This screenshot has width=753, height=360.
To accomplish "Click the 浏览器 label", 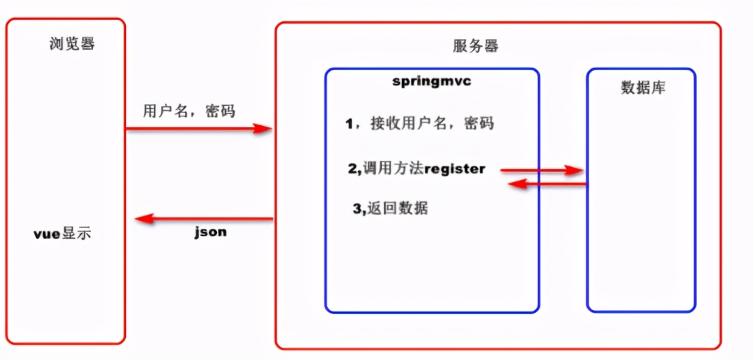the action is tap(72, 44).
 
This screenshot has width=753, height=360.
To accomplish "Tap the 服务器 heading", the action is tap(476, 47).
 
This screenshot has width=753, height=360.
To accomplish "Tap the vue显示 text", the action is tap(62, 233).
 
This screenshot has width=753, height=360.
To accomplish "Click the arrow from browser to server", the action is tap(199, 128).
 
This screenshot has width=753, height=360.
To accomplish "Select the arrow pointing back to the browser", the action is tap(205, 219).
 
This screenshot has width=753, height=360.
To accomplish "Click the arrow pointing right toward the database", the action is tap(541, 170).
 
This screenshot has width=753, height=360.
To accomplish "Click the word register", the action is tap(455, 169).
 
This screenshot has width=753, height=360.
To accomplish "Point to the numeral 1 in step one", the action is tap(349, 124).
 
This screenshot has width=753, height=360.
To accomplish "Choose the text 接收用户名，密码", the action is tap(432, 124).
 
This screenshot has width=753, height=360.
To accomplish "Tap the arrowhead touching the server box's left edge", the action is tap(264, 128).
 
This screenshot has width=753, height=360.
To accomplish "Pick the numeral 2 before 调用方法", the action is tap(351, 169).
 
